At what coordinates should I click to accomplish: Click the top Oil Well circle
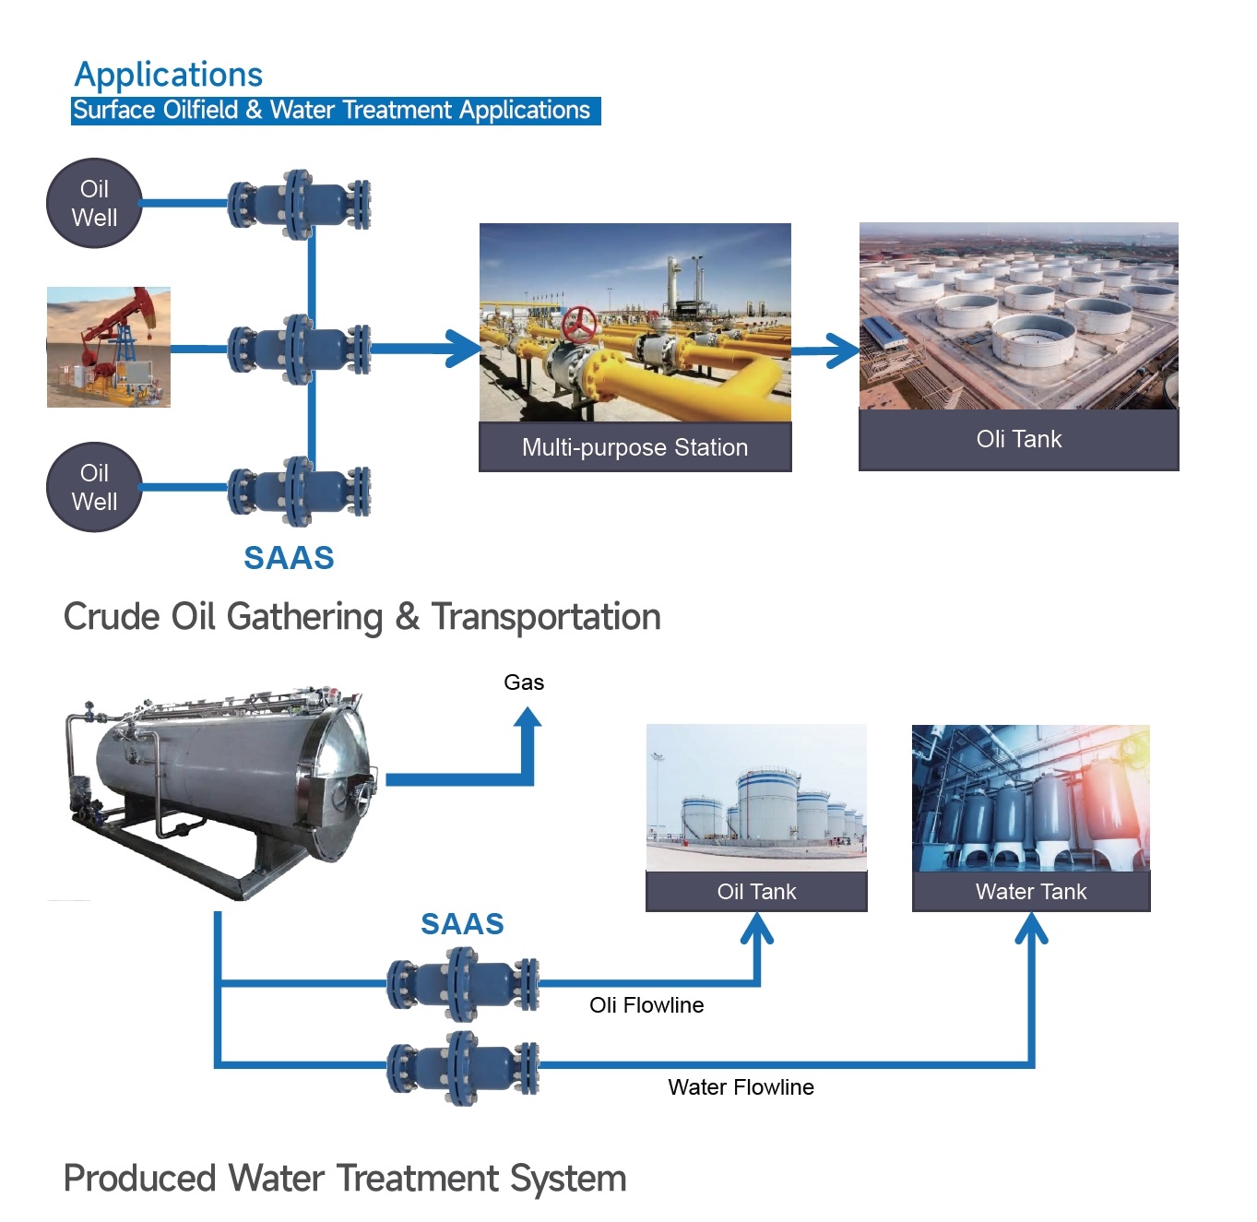point(94,203)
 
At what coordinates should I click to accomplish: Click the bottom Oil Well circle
point(94,487)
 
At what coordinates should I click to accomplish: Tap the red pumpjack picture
point(109,347)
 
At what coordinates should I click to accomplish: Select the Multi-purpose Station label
point(634,447)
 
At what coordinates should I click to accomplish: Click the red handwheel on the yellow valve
point(579,325)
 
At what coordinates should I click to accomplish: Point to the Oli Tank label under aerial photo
point(1018,439)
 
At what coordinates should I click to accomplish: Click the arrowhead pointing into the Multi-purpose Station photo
point(465,349)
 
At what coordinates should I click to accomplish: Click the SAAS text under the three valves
point(289,558)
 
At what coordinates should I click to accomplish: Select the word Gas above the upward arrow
point(524,682)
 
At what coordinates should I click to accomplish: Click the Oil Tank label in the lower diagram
point(756,892)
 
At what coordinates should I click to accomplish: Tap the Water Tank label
point(1031,892)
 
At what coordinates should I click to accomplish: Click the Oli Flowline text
point(646,1005)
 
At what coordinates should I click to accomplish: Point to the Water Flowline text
point(741,1087)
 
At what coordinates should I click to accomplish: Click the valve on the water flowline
point(463,1067)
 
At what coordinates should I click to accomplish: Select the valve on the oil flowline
point(463,985)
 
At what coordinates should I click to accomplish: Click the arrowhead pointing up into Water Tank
point(1031,931)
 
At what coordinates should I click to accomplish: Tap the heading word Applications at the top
point(169,74)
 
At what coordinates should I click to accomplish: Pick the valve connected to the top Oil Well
point(299,204)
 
